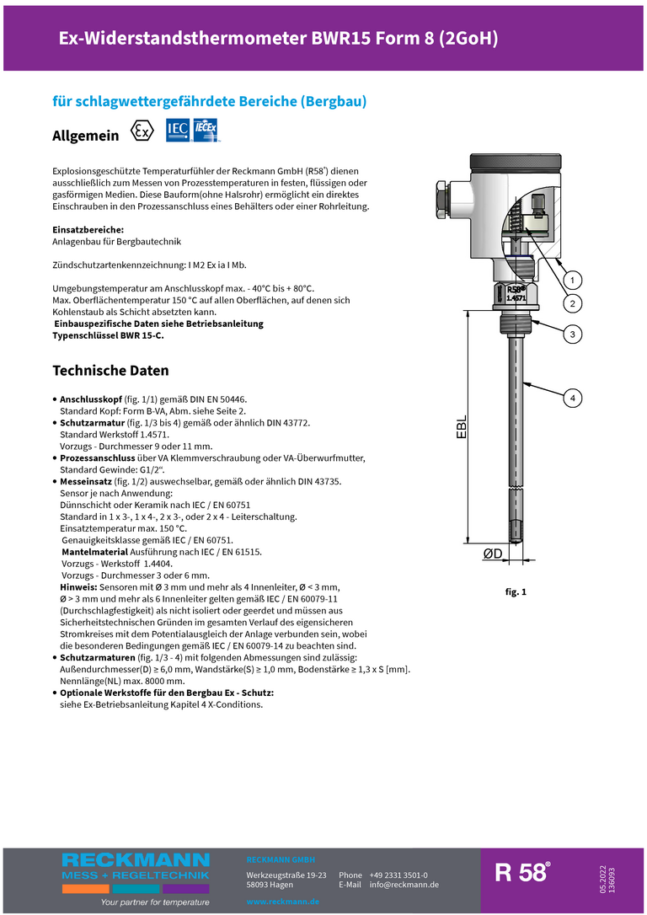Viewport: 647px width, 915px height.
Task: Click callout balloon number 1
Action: tap(572, 281)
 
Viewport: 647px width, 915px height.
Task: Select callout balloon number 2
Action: tap(572, 303)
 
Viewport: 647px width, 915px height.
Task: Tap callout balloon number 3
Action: tap(572, 334)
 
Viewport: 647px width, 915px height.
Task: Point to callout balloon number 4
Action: tap(572, 397)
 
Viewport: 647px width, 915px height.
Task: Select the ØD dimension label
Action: tap(493, 554)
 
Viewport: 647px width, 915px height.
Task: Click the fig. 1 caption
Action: tap(516, 592)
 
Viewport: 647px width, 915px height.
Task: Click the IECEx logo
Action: tap(206, 131)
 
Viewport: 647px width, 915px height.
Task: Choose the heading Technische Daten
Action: tap(110, 371)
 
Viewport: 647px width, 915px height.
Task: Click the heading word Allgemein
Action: tap(86, 136)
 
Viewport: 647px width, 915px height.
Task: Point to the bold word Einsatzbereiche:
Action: tap(88, 229)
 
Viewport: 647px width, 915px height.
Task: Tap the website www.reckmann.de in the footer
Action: tap(283, 902)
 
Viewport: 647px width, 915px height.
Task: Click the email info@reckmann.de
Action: tap(404, 885)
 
